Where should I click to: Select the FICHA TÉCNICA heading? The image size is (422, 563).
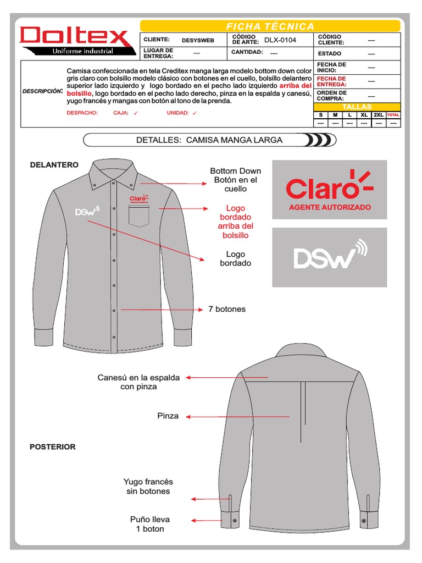pos(270,26)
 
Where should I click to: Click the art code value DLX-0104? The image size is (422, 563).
pos(280,40)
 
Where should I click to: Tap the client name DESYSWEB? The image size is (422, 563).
pos(198,40)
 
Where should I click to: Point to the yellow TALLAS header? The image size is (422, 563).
pos(357,107)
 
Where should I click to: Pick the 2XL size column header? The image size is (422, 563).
pos(379,115)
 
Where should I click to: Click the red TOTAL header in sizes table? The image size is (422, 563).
pos(393,115)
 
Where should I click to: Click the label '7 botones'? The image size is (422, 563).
pos(227,309)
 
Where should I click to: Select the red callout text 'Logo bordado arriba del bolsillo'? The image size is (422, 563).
pos(235,222)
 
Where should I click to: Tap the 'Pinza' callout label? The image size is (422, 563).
pos(168,416)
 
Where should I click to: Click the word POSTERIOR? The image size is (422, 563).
pos(53,447)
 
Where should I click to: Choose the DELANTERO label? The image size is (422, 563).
pos(54,164)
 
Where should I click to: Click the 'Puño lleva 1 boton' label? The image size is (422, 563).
pos(150,524)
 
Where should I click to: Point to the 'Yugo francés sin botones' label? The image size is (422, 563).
pos(148,486)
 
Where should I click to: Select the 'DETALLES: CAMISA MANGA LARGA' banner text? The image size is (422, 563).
pos(209,140)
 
